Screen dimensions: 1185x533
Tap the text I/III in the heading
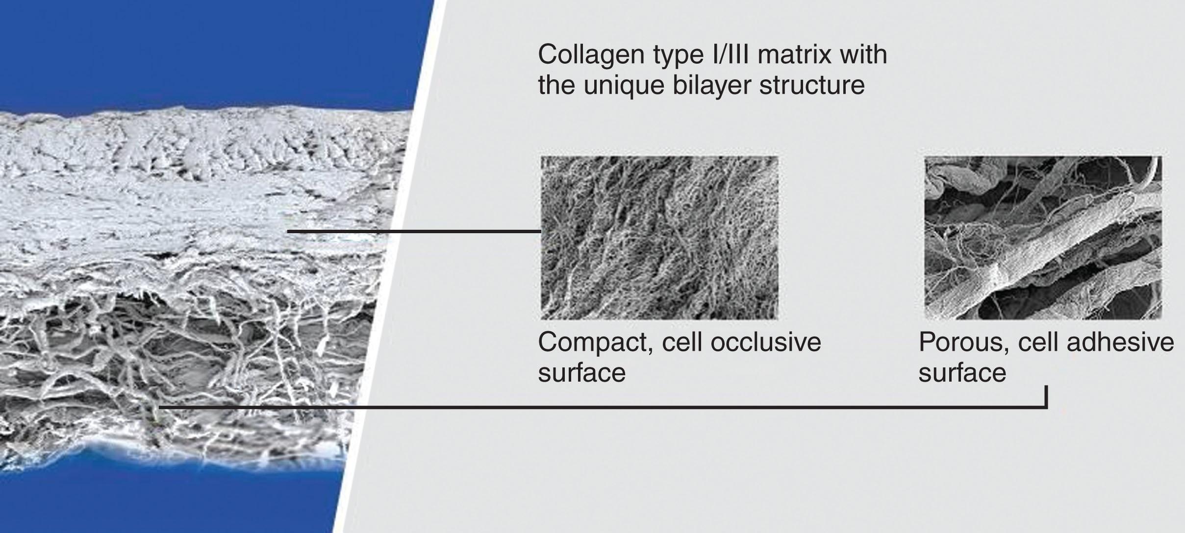[730, 54]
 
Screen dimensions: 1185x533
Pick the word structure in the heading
[811, 86]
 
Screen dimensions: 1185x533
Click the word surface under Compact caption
[582, 373]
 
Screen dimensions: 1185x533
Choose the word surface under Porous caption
[962, 373]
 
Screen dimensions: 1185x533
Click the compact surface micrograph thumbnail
[659, 238]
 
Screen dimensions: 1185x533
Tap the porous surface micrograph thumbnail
[1043, 238]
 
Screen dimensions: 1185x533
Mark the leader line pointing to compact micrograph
[414, 230]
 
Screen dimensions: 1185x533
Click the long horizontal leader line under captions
[603, 407]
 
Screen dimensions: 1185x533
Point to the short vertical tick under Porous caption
[1046, 397]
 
